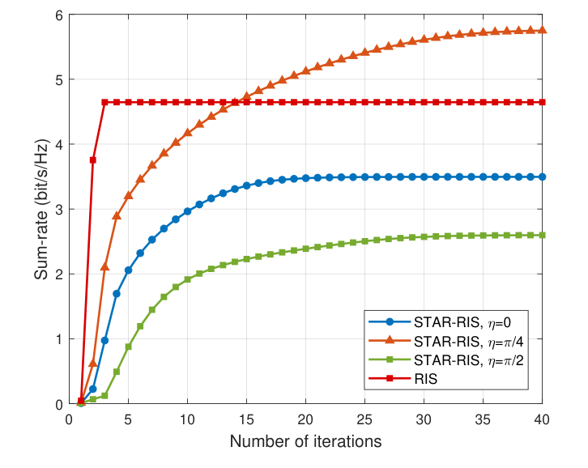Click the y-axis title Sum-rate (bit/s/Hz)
[41, 209]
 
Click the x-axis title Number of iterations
[305, 442]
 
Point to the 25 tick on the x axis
[365, 420]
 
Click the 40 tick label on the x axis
[543, 420]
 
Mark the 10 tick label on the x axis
[187, 420]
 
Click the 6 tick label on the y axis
[59, 15]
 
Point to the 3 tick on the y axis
[59, 209]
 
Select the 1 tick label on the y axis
[59, 339]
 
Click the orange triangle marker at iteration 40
[543, 30]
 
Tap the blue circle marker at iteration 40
[543, 177]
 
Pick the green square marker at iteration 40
[543, 235]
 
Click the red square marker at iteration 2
[92, 160]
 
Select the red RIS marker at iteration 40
[543, 102]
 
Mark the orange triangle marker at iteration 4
[117, 216]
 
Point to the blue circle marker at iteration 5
[128, 270]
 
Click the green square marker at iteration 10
[187, 279]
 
